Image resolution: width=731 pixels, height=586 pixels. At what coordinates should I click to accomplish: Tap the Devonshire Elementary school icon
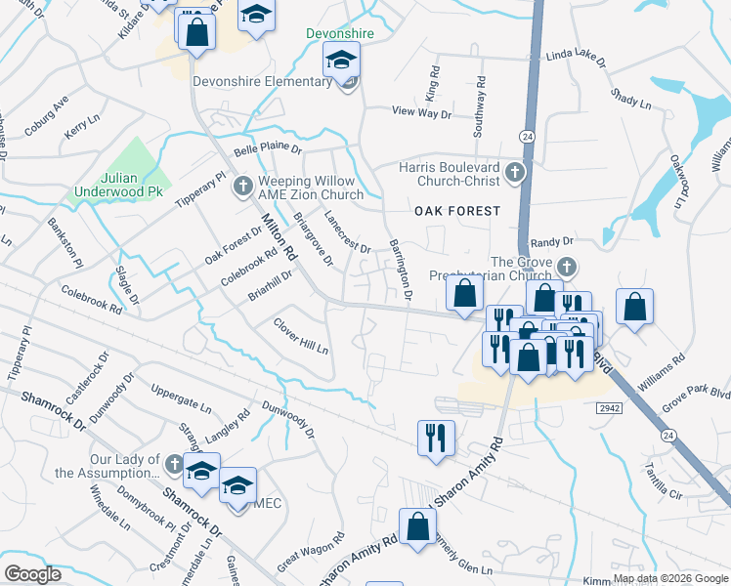click(340, 61)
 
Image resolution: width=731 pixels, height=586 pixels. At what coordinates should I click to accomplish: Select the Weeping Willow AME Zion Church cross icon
click(243, 184)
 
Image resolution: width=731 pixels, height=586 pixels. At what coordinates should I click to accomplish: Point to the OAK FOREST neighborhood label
click(456, 211)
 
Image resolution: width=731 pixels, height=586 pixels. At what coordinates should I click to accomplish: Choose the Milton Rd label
click(278, 238)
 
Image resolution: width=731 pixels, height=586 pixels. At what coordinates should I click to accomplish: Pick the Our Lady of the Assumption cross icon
click(173, 463)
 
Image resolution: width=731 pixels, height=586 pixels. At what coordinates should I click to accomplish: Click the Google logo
click(33, 573)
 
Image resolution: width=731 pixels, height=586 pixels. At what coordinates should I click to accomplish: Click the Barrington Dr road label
click(401, 268)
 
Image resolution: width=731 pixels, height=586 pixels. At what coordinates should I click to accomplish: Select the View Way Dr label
click(421, 113)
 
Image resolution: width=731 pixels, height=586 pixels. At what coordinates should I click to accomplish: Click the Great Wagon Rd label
click(312, 553)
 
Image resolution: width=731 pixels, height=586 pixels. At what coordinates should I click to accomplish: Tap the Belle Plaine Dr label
click(268, 151)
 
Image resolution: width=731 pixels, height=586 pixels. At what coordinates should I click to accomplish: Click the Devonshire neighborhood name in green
click(341, 33)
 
